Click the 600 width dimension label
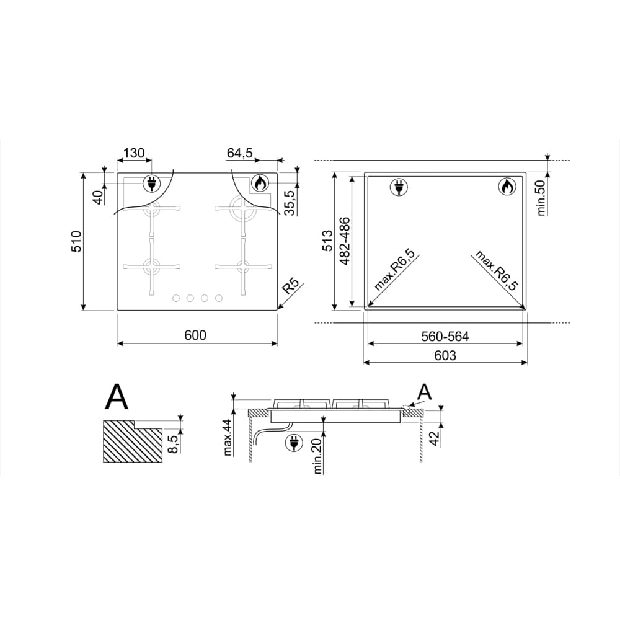(x=195, y=335)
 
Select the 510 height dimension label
(x=76, y=241)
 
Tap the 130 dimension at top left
(x=134, y=153)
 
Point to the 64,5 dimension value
(x=240, y=153)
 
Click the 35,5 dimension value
(x=291, y=203)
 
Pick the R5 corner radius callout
(x=291, y=286)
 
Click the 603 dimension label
(x=445, y=355)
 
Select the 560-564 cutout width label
(x=445, y=337)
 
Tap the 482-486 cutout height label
(x=344, y=241)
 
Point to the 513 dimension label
(x=328, y=241)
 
